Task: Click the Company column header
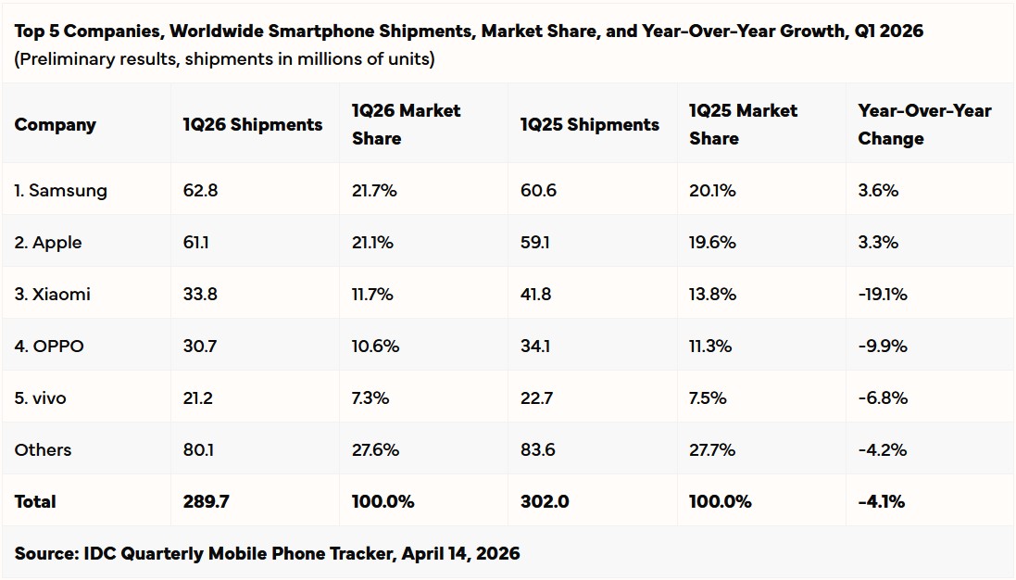click(x=55, y=124)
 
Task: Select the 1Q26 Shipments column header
click(x=253, y=124)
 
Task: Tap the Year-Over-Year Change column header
click(x=924, y=124)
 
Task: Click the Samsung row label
click(x=61, y=191)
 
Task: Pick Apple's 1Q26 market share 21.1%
click(x=372, y=243)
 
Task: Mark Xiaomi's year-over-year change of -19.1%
click(x=883, y=295)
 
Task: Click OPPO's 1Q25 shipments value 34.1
click(x=536, y=347)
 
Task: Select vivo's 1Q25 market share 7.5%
click(x=708, y=398)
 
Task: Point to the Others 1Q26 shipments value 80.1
click(x=198, y=450)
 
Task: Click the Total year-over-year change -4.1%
click(x=881, y=502)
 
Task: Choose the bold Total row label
click(x=35, y=502)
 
